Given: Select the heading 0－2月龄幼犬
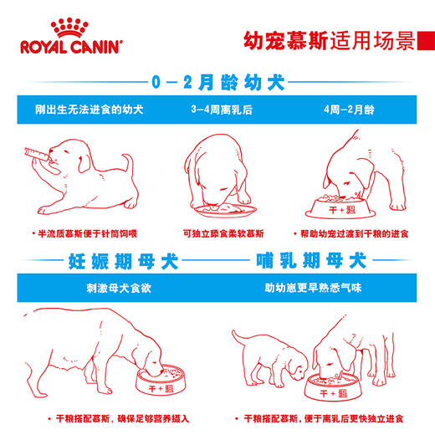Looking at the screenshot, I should tap(217, 84).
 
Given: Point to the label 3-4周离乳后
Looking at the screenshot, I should tap(216, 109).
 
